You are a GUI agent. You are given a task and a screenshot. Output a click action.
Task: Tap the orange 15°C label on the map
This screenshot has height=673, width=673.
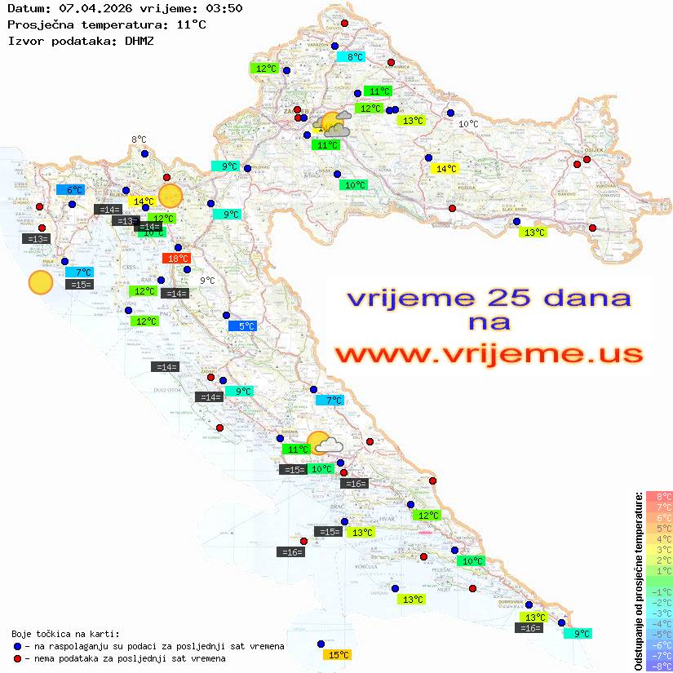[x=337, y=654]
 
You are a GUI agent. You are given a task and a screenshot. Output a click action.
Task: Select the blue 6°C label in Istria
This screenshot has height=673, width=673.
[x=69, y=190]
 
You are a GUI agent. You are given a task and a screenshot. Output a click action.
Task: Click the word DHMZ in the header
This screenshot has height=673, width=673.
[x=139, y=40]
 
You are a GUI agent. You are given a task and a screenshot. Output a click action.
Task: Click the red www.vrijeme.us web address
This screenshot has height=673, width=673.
[x=489, y=354]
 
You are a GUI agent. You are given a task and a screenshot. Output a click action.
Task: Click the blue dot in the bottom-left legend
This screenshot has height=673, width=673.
[x=18, y=646]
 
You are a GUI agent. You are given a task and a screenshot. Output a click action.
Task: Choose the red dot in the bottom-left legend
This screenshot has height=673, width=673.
[x=18, y=658]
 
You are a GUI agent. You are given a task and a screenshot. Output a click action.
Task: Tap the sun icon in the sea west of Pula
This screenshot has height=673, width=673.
[x=40, y=282]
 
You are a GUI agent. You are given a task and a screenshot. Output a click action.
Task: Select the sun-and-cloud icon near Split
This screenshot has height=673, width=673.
[x=323, y=443]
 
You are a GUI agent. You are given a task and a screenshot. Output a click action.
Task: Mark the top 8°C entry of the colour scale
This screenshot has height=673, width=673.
[x=659, y=496]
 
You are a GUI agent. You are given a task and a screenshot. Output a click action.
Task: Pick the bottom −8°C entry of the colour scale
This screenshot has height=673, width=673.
[x=659, y=666]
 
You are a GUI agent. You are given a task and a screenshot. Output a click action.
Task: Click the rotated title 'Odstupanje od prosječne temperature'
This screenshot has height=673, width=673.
[x=638, y=581]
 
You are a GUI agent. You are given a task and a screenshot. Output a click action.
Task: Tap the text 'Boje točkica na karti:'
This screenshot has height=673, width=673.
[x=65, y=633]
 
